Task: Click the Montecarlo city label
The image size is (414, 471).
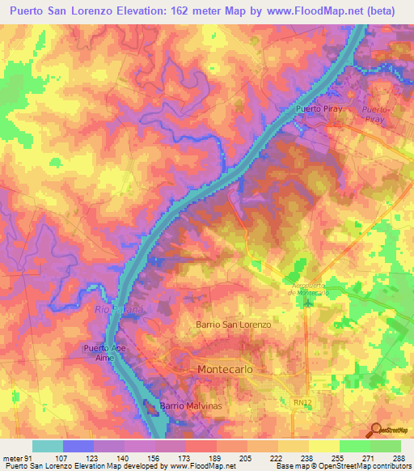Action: pos(230,368)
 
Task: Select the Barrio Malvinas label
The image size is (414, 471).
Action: pos(190,405)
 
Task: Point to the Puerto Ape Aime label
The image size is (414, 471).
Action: pos(103,352)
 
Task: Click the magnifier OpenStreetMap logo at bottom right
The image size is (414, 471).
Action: pos(378,430)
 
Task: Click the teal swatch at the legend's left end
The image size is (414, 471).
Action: pos(48,447)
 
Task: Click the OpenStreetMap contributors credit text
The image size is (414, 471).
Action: pos(374,466)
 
